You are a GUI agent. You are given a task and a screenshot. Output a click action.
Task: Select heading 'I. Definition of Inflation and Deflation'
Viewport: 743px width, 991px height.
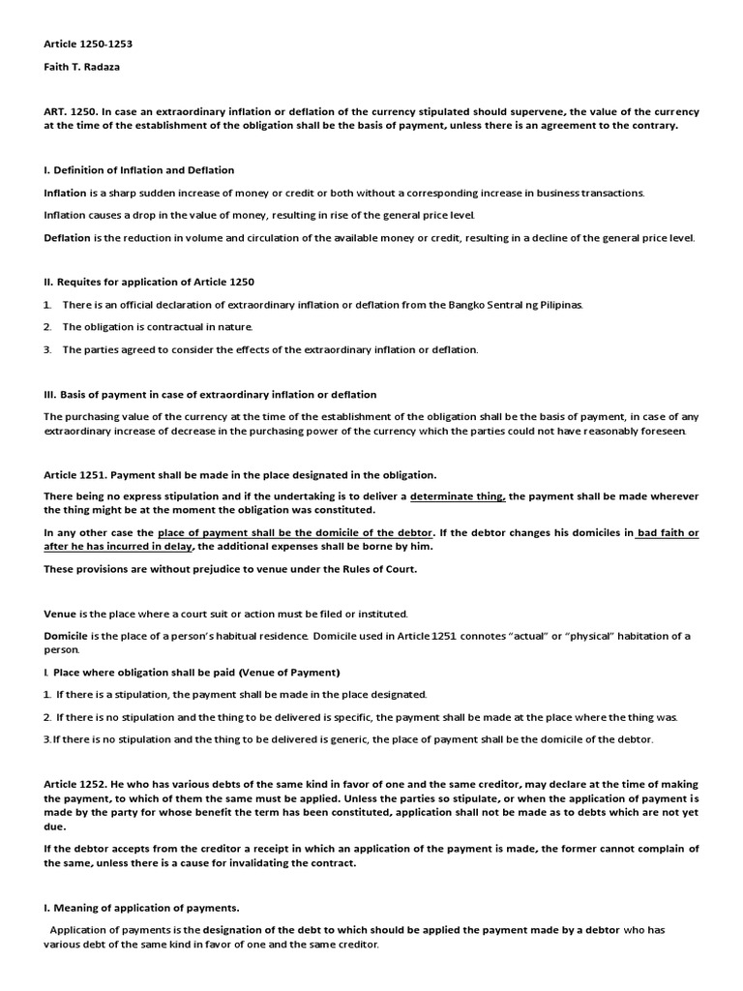tap(138, 170)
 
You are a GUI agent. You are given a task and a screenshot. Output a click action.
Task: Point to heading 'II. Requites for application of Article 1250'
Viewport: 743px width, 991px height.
tap(149, 282)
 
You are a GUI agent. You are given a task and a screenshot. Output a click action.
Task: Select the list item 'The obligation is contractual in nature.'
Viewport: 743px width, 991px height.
tap(158, 327)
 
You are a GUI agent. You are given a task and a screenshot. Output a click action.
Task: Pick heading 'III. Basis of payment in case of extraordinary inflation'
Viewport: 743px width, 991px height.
tap(210, 394)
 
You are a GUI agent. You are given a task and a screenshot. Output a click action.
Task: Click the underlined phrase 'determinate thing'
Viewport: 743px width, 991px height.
tap(458, 496)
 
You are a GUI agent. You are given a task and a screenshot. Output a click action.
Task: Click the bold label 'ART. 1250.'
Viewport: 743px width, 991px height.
tap(73, 112)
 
